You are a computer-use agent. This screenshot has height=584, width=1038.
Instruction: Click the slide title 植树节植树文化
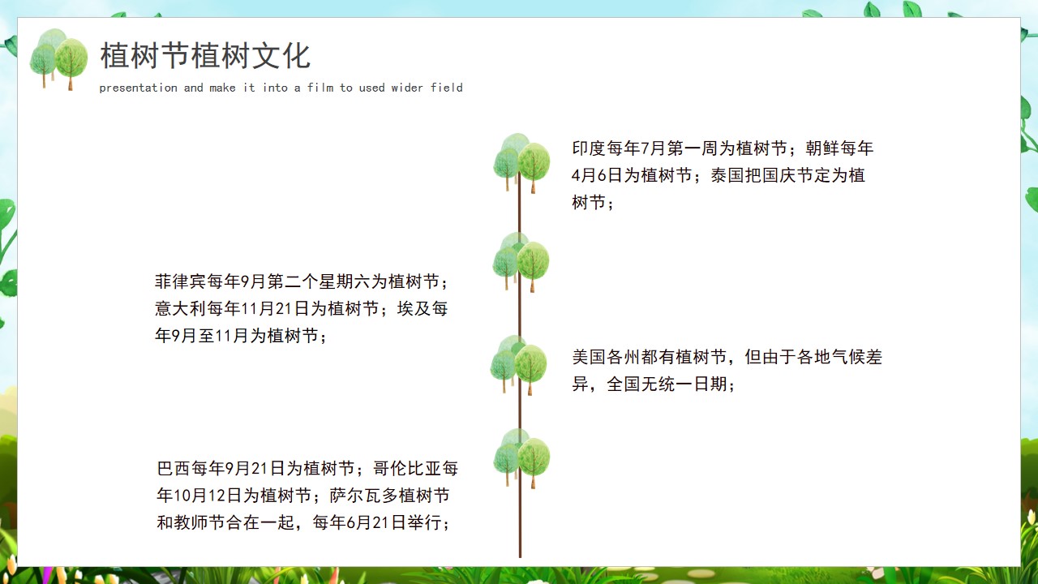point(205,56)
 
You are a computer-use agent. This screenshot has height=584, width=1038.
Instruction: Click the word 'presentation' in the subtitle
point(138,88)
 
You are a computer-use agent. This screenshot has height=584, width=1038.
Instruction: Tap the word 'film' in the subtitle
point(320,87)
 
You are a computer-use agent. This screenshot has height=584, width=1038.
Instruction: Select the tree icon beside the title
point(58,59)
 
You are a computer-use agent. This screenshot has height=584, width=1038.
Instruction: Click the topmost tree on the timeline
point(521,163)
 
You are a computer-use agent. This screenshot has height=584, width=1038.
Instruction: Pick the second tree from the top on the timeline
point(521,262)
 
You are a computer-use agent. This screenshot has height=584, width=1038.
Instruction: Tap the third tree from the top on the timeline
point(518,365)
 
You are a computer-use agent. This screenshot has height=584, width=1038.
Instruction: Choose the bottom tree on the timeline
point(521,458)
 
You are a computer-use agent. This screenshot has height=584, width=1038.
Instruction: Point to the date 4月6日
point(597,175)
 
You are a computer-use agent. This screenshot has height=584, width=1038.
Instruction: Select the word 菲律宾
point(180,281)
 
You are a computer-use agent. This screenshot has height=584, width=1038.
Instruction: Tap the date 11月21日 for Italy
point(274,309)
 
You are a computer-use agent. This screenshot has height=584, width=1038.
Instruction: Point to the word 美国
point(589,357)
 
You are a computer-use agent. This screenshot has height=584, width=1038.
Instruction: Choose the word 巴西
point(174,468)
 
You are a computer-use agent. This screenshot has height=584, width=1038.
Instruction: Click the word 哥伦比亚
point(407,468)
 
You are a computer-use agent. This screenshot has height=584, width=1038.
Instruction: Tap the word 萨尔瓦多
point(364,496)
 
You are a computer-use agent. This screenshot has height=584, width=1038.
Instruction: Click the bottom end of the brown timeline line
point(520,557)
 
